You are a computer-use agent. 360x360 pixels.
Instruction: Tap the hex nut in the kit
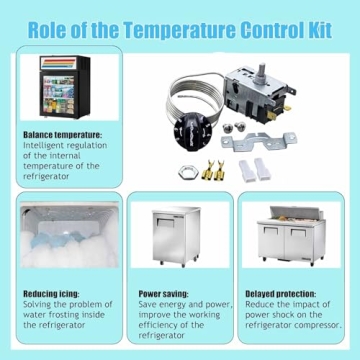click(187, 171)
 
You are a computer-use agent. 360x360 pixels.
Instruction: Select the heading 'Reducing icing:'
click(53, 294)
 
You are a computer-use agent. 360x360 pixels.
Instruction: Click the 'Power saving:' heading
click(164, 294)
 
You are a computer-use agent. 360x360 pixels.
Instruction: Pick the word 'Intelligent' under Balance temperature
click(45, 144)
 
